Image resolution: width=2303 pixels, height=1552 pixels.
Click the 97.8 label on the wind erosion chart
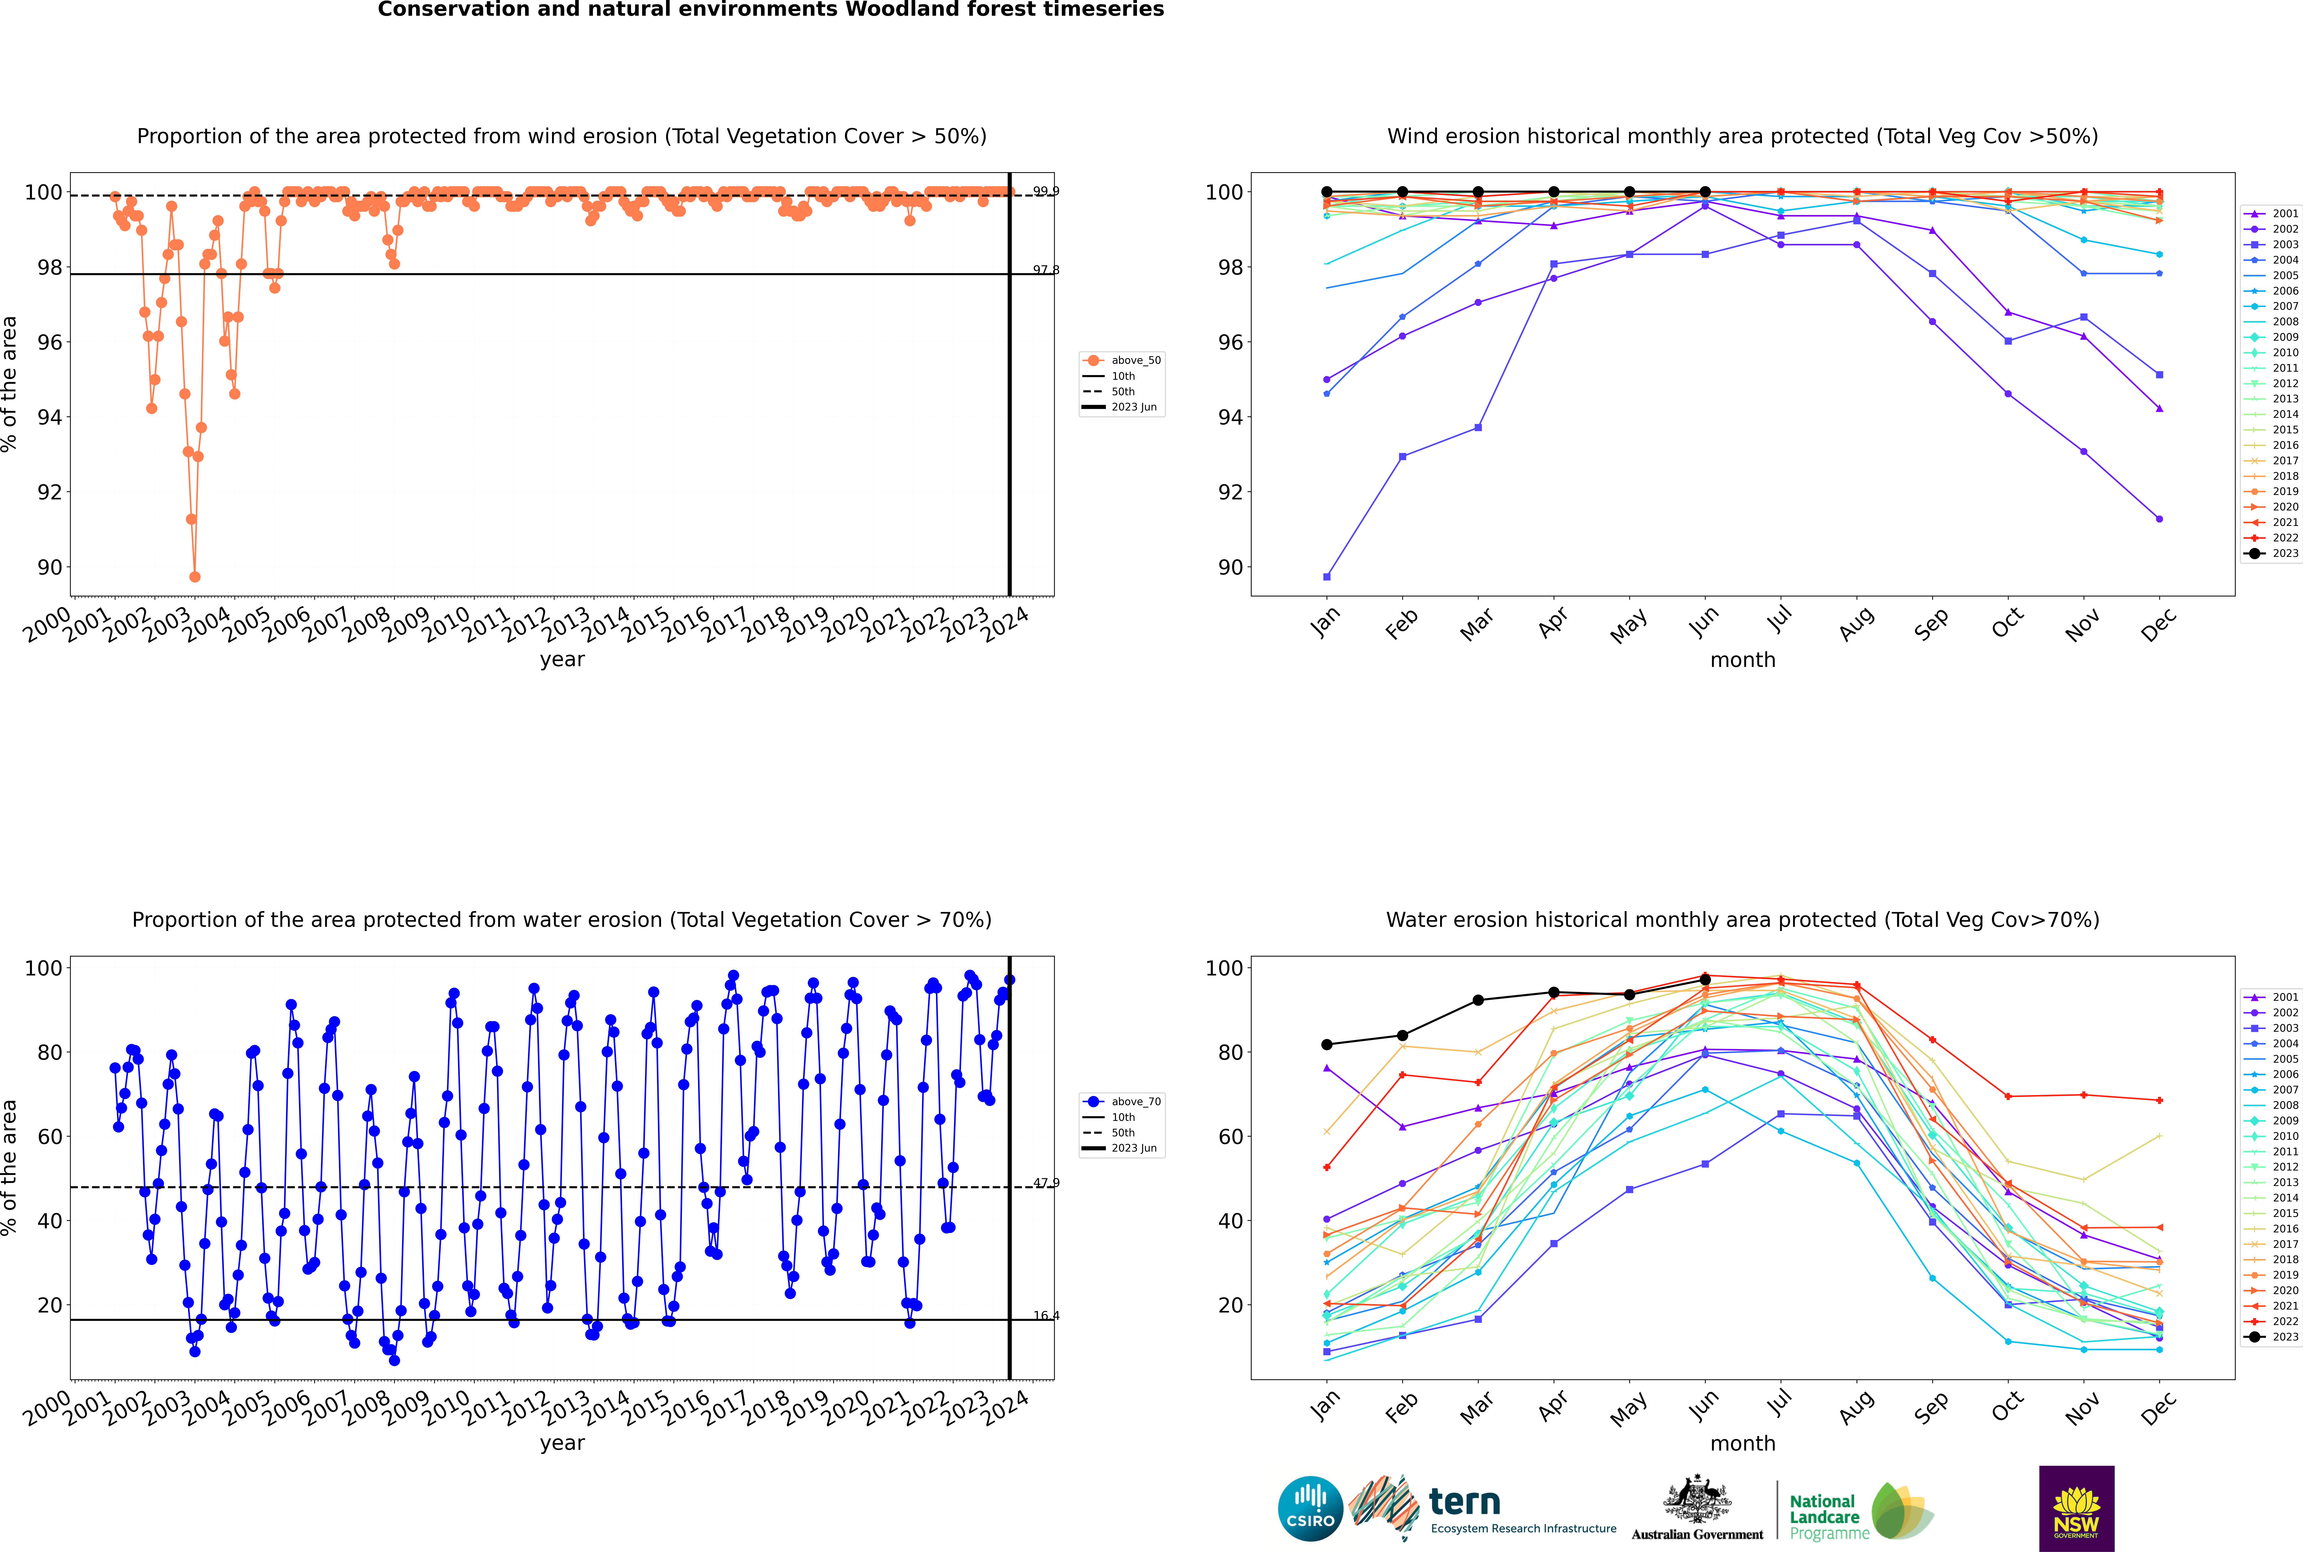(x=1045, y=269)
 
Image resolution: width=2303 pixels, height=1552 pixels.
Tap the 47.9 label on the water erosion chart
(x=1045, y=1183)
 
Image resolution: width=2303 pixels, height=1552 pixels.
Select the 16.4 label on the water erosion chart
(x=1045, y=1315)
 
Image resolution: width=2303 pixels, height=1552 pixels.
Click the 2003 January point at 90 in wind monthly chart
(x=1327, y=576)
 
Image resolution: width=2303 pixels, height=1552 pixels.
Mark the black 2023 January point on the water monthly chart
(x=1327, y=1044)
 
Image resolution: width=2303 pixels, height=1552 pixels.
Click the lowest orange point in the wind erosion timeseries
(x=195, y=576)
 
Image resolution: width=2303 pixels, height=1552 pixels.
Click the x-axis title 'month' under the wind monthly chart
(x=1743, y=660)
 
